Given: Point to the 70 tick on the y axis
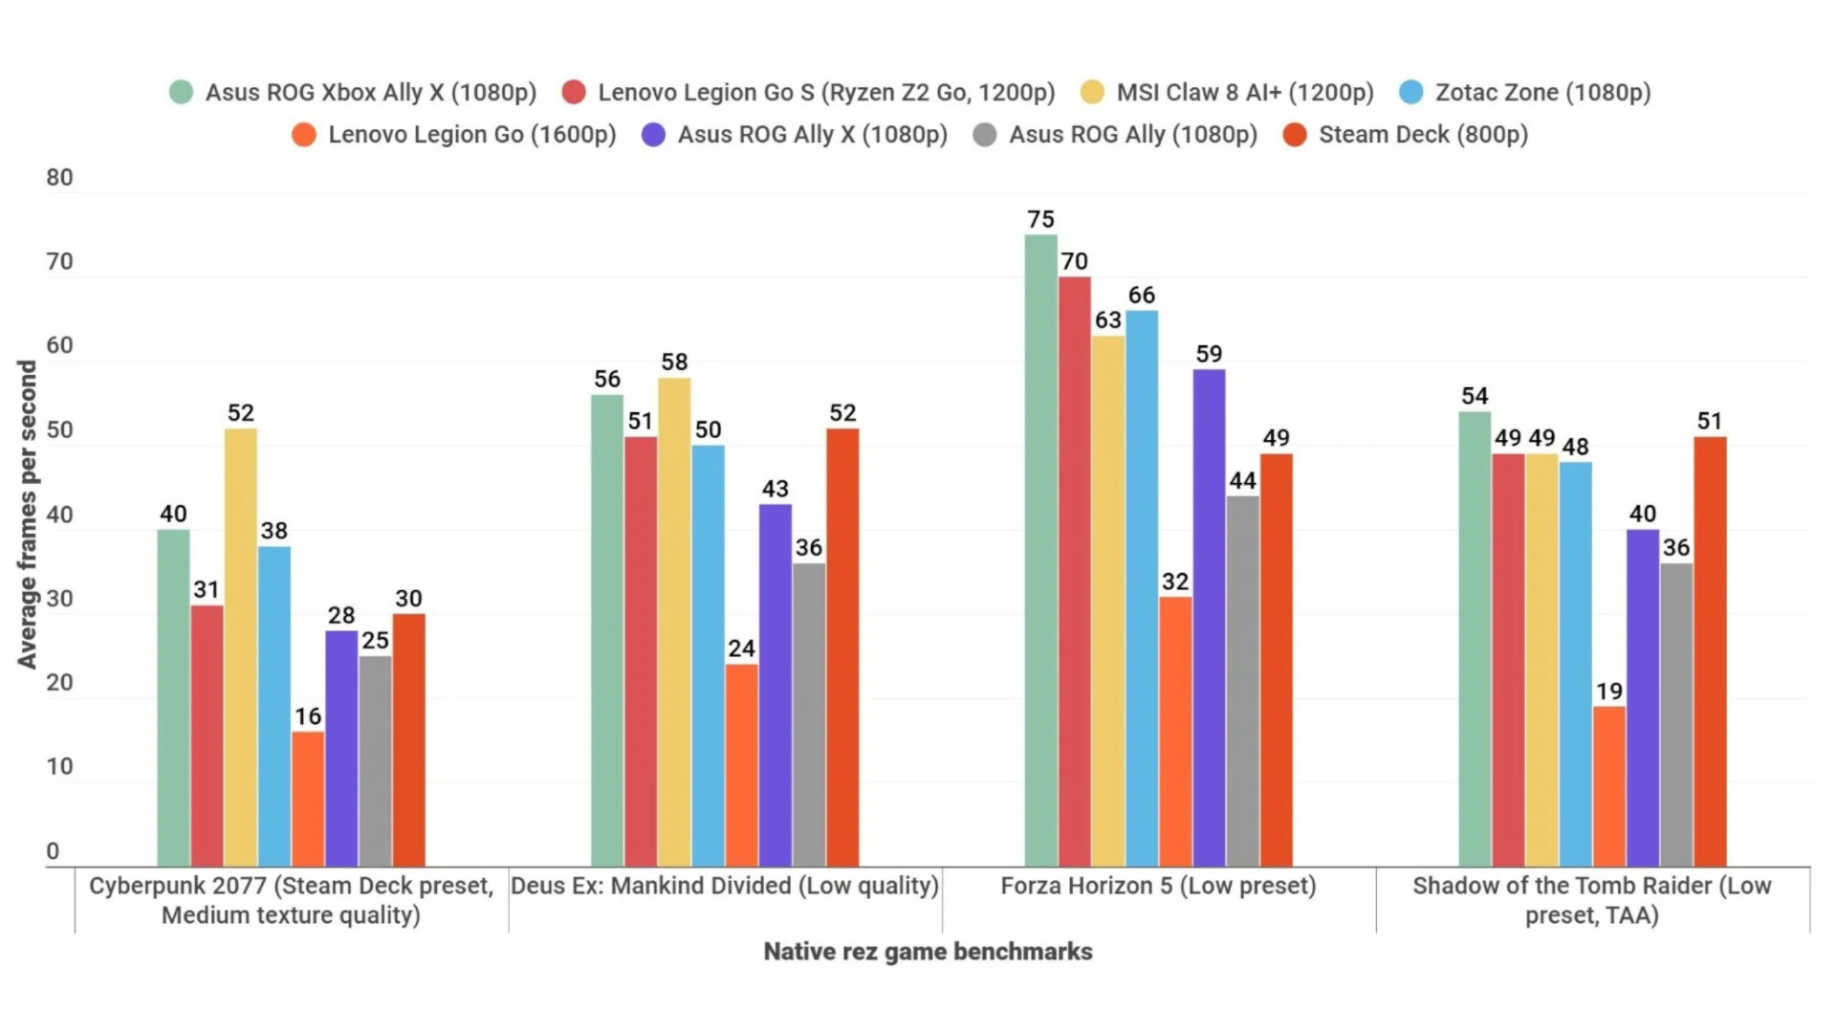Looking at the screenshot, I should pyautogui.click(x=59, y=262).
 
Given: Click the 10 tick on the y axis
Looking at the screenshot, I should pyautogui.click(x=59, y=767).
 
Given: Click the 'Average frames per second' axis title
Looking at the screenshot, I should pyautogui.click(x=27, y=515).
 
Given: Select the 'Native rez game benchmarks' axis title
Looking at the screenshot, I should pyautogui.click(x=928, y=952).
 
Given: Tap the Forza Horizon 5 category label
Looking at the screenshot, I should pyautogui.click(x=1158, y=886).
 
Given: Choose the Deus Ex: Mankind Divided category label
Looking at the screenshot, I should pyautogui.click(x=725, y=886).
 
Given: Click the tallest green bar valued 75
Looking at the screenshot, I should pyautogui.click(x=1040, y=550).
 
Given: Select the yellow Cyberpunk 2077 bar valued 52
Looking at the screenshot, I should pyautogui.click(x=241, y=648).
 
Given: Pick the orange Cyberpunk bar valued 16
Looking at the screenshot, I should pyautogui.click(x=308, y=799).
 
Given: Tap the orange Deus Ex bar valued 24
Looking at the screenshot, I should pyautogui.click(x=741, y=765).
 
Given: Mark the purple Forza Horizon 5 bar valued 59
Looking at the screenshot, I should pyautogui.click(x=1209, y=618).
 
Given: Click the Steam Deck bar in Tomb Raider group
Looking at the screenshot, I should pyautogui.click(x=1710, y=651).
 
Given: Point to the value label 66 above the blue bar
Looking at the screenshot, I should pyautogui.click(x=1142, y=296).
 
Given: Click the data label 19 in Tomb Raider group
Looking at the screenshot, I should pyautogui.click(x=1609, y=692).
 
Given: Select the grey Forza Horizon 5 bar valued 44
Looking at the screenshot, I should pyautogui.click(x=1242, y=681).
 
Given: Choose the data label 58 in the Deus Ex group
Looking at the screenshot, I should pyautogui.click(x=674, y=363).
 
